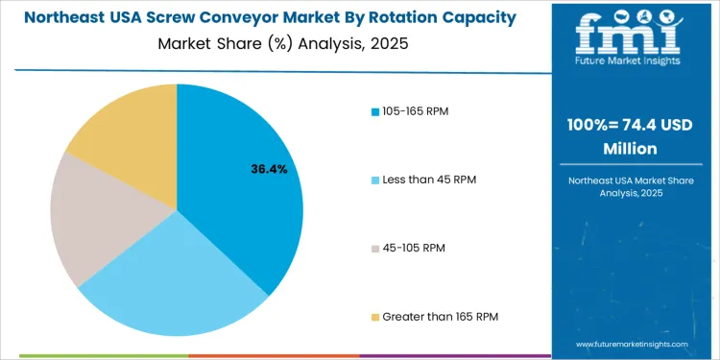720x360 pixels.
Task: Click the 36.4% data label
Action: click(269, 169)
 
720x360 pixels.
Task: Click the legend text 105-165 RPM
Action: click(415, 111)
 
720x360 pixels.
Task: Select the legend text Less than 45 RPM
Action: click(429, 180)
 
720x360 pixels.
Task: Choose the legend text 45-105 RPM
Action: click(413, 248)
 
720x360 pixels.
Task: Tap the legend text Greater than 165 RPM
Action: click(440, 316)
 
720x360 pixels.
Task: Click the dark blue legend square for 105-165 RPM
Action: click(374, 112)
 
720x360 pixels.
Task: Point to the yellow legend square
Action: click(374, 317)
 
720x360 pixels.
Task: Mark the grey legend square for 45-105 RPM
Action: click(374, 249)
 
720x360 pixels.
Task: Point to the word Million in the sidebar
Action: click(634, 149)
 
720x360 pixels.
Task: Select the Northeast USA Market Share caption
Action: click(634, 181)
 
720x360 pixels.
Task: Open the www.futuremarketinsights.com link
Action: click(634, 344)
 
